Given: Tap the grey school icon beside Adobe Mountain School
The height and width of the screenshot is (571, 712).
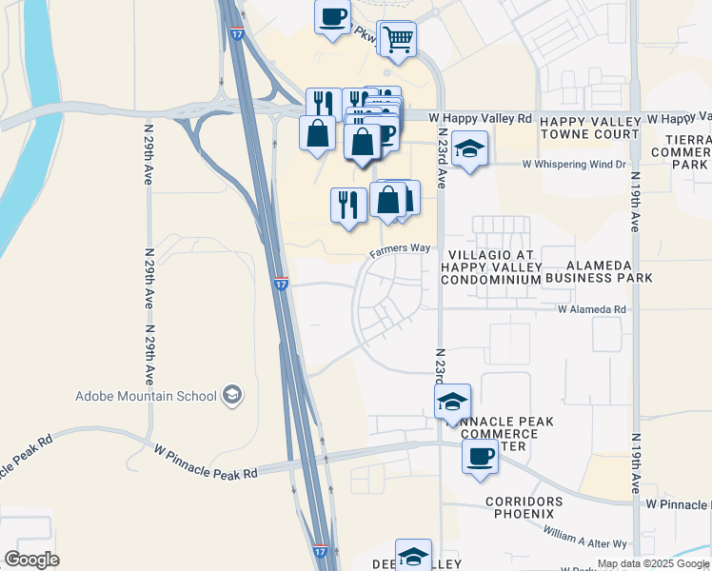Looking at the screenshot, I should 231,394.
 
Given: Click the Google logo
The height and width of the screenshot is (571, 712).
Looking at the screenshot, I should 32,560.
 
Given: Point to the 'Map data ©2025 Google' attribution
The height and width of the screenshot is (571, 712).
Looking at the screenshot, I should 652,564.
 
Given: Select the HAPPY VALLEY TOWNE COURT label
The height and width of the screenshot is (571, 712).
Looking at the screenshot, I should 589,128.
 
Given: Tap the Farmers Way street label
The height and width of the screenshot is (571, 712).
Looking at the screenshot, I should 400,248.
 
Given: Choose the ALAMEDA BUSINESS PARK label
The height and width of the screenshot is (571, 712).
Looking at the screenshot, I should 609,271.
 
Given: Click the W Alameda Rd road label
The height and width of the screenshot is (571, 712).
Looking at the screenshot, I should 592,309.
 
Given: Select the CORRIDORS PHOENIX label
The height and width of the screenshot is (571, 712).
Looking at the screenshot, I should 530,507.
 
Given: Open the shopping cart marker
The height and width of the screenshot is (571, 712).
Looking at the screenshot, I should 398,39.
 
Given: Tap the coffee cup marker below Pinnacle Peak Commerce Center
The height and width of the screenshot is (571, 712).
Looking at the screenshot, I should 480,457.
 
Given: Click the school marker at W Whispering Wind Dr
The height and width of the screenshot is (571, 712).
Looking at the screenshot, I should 468,148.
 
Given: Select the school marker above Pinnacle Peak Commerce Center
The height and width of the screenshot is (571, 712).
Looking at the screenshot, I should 453,402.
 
